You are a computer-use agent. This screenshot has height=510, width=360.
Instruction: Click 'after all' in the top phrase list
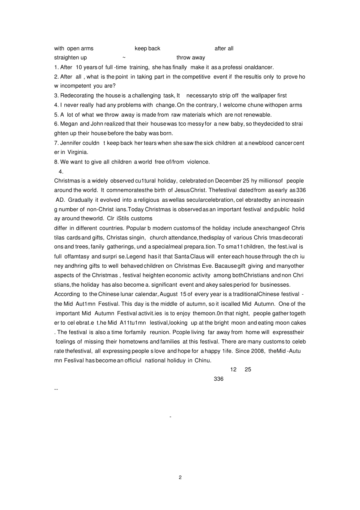(224, 49)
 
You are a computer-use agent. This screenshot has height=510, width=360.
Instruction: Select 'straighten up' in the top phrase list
(70, 58)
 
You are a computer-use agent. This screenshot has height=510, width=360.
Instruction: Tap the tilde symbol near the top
(124, 57)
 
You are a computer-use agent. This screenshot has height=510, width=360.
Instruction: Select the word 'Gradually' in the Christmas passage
(80, 200)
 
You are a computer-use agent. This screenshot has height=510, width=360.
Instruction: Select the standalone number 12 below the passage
(233, 370)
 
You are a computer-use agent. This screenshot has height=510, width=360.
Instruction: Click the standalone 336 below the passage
(219, 379)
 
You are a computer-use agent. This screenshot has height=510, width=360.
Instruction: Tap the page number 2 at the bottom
(180, 477)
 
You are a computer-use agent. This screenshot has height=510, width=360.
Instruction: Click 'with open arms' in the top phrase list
(74, 49)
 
